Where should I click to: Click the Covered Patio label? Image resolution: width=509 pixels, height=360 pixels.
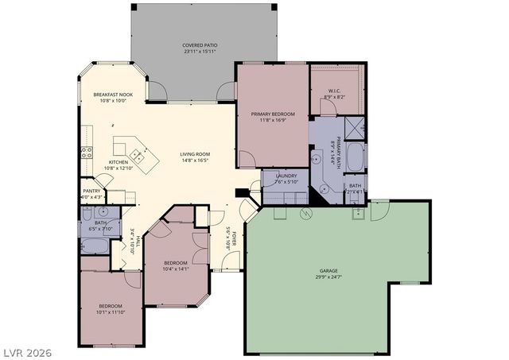(200, 46)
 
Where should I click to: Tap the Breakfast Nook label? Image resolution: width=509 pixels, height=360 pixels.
(113, 95)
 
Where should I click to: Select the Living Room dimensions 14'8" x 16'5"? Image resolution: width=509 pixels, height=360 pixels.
(194, 161)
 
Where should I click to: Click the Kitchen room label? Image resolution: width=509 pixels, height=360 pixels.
(118, 162)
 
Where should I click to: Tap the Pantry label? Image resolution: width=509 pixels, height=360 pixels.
(91, 191)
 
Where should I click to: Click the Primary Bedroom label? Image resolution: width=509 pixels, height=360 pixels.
(273, 114)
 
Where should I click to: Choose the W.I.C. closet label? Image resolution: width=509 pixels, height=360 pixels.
(334, 91)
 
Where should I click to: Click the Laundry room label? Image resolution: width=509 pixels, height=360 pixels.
(286, 176)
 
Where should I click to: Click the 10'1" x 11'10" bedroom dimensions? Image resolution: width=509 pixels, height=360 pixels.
(111, 312)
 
